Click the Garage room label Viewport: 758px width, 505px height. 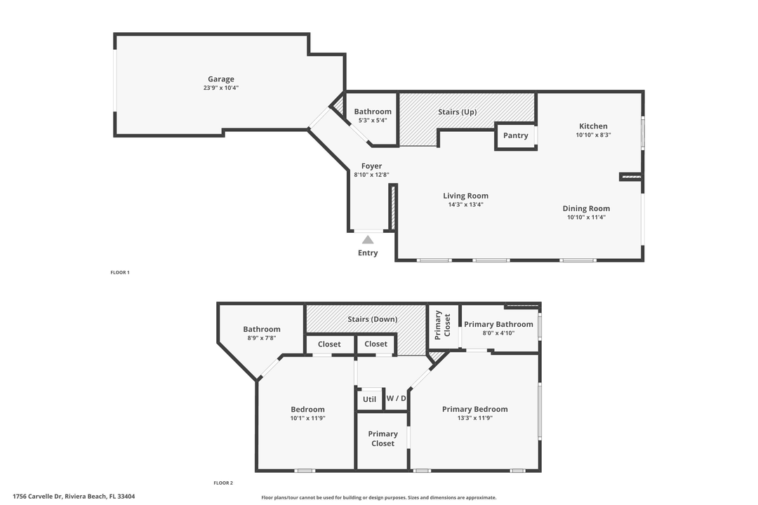tap(220, 79)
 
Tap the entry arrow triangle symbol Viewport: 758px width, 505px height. tap(368, 240)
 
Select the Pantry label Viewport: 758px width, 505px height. tap(516, 135)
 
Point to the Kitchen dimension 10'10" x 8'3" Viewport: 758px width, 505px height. tap(593, 135)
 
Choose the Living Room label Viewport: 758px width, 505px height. tap(465, 196)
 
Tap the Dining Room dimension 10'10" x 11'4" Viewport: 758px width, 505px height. tap(586, 217)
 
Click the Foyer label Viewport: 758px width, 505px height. tap(371, 166)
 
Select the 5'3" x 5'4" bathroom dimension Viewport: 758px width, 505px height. tap(373, 121)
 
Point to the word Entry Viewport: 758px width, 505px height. tap(368, 253)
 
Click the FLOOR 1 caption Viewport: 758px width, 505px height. tap(120, 272)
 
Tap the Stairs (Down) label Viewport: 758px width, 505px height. tap(372, 320)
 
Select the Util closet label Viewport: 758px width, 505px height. tap(369, 399)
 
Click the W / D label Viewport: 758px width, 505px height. tap(396, 398)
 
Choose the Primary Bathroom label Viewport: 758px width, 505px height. tap(498, 324)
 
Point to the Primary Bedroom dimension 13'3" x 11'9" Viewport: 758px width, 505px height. tap(474, 418)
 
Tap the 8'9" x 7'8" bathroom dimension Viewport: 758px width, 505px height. tap(262, 338)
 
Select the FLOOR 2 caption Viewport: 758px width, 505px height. tap(223, 483)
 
